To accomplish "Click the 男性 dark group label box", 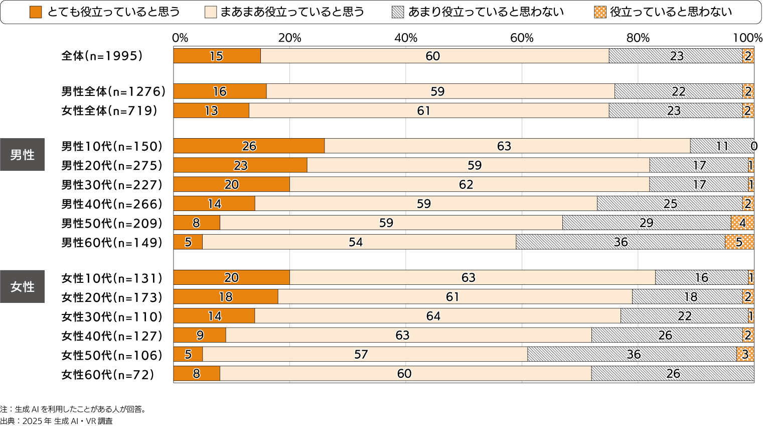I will click(x=23, y=155).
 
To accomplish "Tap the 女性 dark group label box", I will click(x=23, y=286).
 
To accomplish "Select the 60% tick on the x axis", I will click(x=522, y=38).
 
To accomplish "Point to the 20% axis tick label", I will click(x=290, y=38).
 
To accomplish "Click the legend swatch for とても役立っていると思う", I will click(x=36, y=12).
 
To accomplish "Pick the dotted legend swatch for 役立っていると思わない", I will click(x=600, y=12).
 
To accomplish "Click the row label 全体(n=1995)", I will click(x=102, y=56).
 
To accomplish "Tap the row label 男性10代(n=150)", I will click(x=112, y=146).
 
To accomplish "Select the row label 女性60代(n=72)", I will click(x=108, y=375).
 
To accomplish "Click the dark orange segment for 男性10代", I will click(x=249, y=146).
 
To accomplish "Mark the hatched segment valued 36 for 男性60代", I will click(x=621, y=242).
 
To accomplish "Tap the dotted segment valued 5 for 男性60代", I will click(x=739, y=242).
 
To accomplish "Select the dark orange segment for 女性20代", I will click(x=226, y=297).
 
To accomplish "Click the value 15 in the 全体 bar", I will click(x=216, y=56).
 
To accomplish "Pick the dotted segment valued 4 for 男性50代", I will click(x=742, y=223).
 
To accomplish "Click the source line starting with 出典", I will click(x=56, y=421).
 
